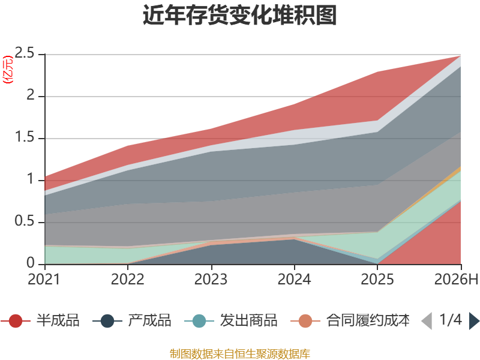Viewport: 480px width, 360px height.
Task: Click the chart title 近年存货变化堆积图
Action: [x=239, y=14]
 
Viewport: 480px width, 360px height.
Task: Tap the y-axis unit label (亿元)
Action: [x=8, y=70]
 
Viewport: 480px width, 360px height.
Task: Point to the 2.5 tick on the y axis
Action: [x=25, y=53]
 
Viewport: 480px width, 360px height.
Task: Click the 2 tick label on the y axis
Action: [x=31, y=95]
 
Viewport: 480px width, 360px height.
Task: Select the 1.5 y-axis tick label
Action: [x=25, y=137]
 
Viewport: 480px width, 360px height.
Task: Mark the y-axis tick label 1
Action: [x=31, y=179]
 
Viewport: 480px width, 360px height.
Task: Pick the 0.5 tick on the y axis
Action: [x=25, y=221]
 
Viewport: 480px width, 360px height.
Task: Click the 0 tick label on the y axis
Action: [x=31, y=263]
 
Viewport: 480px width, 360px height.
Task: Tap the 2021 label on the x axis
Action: [x=44, y=279]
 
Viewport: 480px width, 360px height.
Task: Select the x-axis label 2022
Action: [x=127, y=279]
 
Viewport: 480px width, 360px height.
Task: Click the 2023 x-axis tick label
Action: [x=211, y=279]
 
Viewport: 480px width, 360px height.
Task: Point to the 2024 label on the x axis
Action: [x=294, y=279]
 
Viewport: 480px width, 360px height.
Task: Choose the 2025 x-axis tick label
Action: [x=377, y=279]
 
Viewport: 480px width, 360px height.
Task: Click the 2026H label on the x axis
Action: [x=456, y=279]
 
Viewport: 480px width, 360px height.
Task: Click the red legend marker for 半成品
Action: [x=16, y=321]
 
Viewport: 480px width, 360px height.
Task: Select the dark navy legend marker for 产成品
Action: [x=107, y=321]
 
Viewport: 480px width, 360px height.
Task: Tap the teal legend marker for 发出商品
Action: [x=199, y=321]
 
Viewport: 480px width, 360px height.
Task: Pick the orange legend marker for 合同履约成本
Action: [x=305, y=321]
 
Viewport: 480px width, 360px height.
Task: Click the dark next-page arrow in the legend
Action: [x=474, y=321]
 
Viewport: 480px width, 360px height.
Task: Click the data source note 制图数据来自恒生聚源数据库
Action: [x=239, y=354]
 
